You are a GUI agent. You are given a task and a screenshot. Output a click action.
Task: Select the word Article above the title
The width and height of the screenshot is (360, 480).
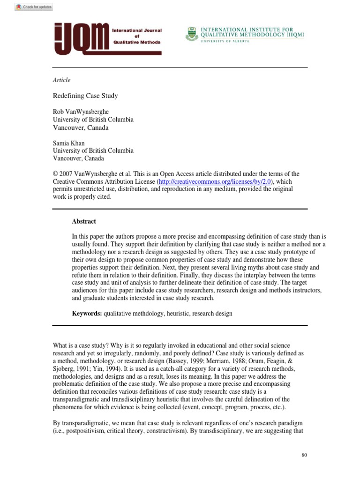pos(61,80)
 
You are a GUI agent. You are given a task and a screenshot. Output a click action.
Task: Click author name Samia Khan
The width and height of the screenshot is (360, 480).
pos(69,143)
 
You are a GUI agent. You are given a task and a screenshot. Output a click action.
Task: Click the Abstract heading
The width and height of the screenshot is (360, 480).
pos(84,221)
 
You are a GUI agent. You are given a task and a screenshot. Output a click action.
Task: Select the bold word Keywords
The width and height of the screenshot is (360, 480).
pos(86,314)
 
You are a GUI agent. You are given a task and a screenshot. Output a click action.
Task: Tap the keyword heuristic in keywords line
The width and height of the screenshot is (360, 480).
pos(177,314)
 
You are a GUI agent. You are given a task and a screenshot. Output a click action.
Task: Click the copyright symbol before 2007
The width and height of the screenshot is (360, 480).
pos(55,174)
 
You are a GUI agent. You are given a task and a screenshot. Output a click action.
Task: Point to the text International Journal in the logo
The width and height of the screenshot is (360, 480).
pos(136,30)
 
